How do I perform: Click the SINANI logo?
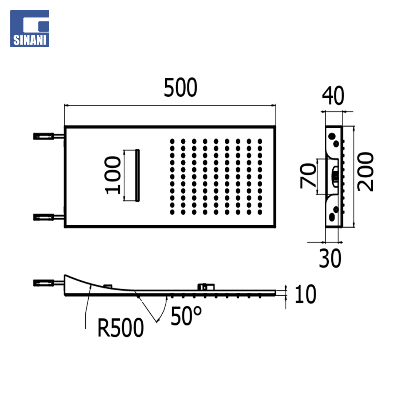(x=30, y=28)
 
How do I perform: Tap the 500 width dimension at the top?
(x=181, y=88)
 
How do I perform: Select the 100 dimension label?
(x=113, y=175)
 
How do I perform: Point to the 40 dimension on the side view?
(x=333, y=96)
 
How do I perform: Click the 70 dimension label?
(x=308, y=175)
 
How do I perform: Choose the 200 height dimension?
(x=365, y=171)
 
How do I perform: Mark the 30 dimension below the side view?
(x=330, y=258)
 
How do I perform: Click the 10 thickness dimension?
(x=305, y=294)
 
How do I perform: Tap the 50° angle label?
(x=186, y=316)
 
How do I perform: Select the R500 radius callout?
(x=120, y=328)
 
